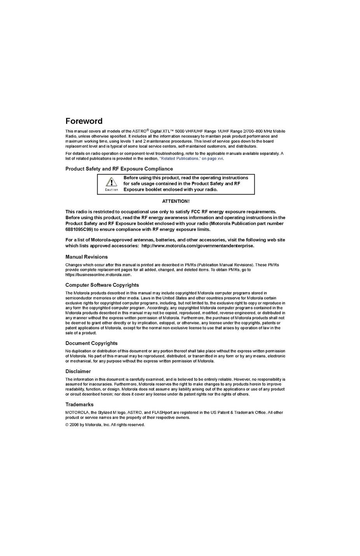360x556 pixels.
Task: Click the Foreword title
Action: pos(84,121)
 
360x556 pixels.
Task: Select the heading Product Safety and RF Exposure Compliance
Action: pos(119,169)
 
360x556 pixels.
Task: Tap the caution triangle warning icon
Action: pos(111,182)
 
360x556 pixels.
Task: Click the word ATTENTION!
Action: pos(176,201)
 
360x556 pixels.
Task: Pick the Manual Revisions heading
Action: pos(86,257)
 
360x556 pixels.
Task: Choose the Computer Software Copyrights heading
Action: pos(102,285)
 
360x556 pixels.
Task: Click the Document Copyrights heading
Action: pos(91,343)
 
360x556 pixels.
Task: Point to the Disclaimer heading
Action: pos(78,371)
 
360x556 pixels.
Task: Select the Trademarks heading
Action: pos(79,405)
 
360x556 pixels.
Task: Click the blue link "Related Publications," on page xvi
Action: pos(191,159)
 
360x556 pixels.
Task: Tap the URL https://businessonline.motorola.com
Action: pos(98,275)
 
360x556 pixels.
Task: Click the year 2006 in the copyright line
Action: pos(74,425)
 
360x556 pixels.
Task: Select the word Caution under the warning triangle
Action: pos(111,190)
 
